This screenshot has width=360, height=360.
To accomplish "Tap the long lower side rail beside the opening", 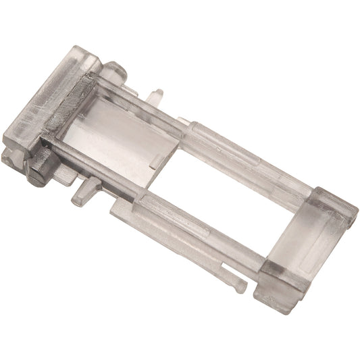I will pyautogui.click(x=196, y=230).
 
